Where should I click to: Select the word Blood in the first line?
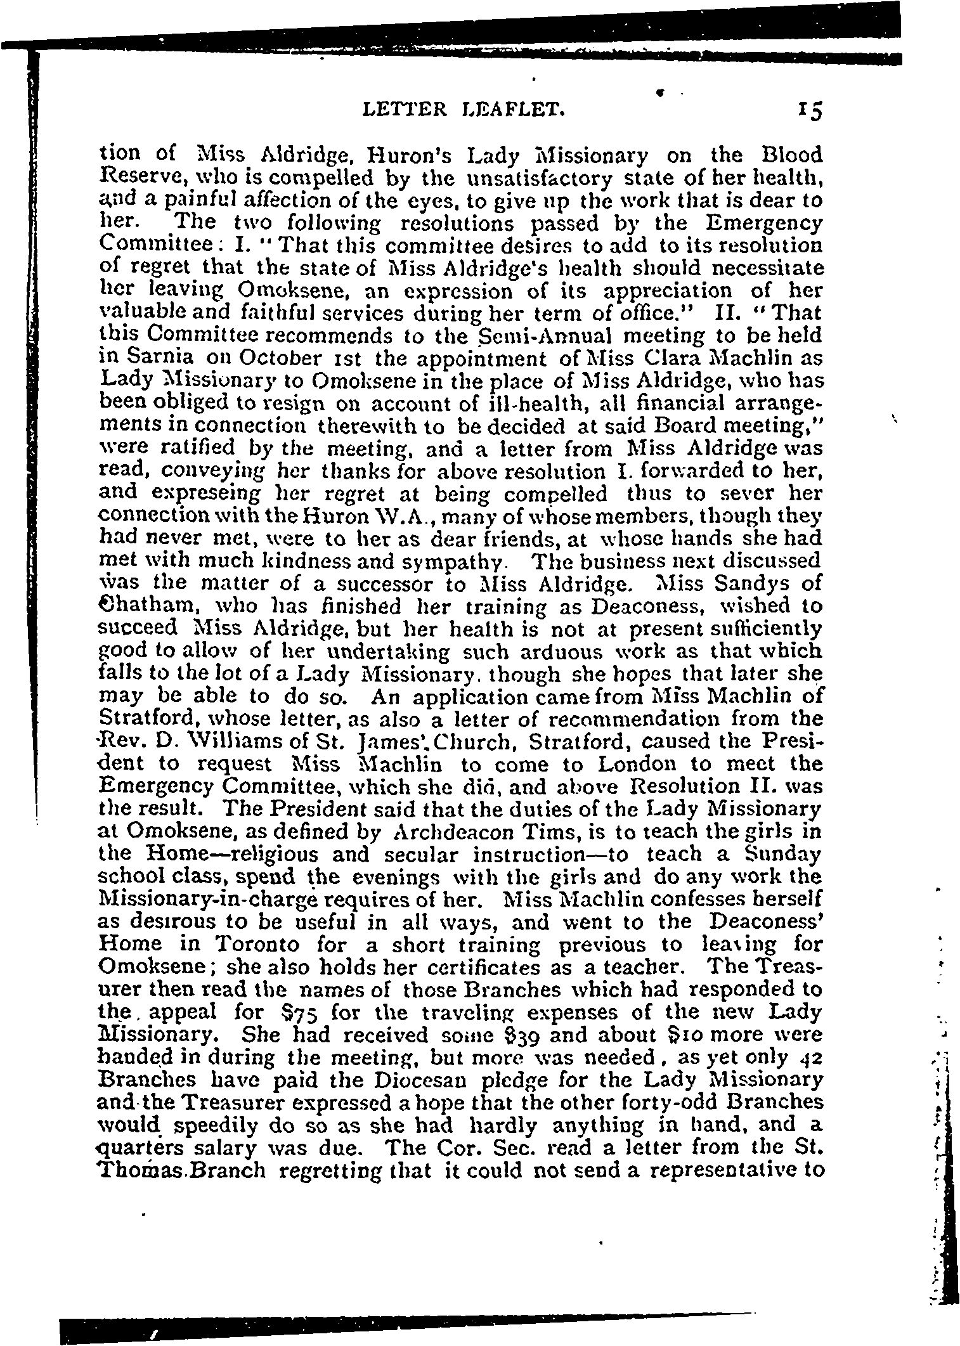791,155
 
